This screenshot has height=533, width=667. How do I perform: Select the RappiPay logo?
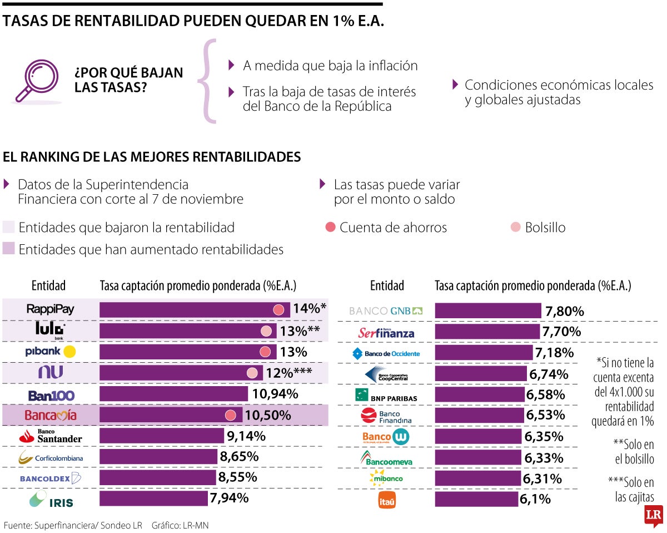50,309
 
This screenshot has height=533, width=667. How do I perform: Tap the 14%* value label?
310,309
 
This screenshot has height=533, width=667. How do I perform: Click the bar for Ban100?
173,394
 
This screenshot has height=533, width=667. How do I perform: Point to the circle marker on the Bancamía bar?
231,415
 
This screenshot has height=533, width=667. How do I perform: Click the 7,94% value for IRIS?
229,498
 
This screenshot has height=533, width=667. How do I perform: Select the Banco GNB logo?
386,310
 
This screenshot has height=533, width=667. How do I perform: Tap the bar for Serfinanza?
487,332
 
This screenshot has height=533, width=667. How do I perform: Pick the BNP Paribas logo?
386,396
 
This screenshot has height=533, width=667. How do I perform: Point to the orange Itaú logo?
386,500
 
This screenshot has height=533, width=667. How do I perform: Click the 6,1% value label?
535,499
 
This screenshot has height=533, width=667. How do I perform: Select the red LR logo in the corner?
653,516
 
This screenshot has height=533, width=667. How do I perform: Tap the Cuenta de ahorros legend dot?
331,227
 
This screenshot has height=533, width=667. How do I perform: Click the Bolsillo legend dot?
516,227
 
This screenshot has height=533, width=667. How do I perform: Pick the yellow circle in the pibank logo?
69,352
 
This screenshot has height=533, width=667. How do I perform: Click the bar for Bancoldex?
157,477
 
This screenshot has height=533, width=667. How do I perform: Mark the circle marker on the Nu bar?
252,373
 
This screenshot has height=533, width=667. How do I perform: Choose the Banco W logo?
386,437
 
